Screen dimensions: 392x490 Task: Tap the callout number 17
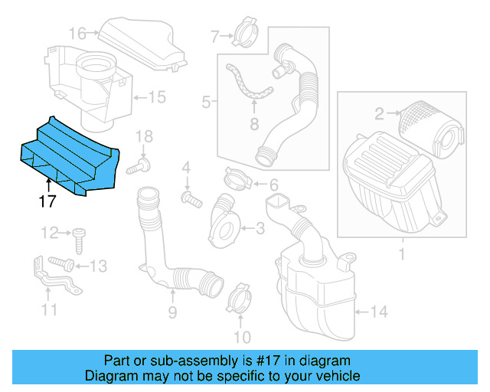pyautogui.click(x=48, y=202)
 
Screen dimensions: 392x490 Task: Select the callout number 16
pyautogui.click(x=77, y=33)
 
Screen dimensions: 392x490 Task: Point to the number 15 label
pyautogui.click(x=156, y=97)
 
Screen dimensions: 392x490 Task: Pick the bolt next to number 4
pyautogui.click(x=191, y=200)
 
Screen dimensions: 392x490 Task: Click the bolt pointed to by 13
pyautogui.click(x=63, y=264)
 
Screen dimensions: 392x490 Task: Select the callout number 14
pyautogui.click(x=380, y=312)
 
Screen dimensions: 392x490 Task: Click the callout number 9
pyautogui.click(x=172, y=312)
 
